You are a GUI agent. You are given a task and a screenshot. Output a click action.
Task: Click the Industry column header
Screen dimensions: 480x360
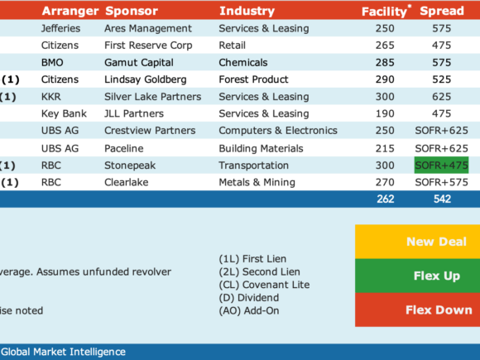pos(247,11)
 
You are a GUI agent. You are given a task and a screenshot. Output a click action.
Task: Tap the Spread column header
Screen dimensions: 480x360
pos(442,11)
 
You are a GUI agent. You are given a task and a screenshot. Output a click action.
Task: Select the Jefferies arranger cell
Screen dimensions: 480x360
pos(60,28)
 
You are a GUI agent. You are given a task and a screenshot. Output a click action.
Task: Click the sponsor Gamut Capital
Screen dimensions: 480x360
pos(139,62)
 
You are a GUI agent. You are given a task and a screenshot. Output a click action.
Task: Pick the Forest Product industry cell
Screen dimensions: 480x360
pos(253,79)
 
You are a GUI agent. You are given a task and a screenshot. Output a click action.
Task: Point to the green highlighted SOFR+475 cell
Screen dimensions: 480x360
pos(441,166)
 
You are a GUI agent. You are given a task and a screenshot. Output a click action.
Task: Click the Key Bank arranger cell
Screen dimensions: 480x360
pos(64,113)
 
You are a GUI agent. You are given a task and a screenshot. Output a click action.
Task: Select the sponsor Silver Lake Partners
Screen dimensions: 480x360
pos(153,97)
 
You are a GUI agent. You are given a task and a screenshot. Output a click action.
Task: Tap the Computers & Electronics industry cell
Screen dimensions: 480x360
pos(278,131)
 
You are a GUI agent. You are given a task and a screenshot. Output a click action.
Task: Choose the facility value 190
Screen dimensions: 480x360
pos(385,113)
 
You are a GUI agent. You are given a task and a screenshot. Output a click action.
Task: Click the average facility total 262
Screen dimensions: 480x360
pos(386,199)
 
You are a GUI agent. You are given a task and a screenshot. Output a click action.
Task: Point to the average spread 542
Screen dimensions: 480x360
pos(442,199)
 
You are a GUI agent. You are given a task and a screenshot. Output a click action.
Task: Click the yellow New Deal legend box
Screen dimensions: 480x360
pos(418,242)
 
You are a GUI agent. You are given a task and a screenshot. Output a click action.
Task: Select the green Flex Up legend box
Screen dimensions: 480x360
pos(418,276)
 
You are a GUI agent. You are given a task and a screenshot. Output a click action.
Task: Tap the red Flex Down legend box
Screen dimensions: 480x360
pos(418,310)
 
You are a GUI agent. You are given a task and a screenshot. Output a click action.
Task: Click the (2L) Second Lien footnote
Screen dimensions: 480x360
pos(259,271)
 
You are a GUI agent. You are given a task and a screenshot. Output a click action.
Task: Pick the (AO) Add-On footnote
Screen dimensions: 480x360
pos(249,310)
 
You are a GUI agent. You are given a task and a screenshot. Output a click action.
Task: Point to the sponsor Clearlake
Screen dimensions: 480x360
pos(126,182)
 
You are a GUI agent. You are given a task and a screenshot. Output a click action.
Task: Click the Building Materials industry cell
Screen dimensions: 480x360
pos(261,148)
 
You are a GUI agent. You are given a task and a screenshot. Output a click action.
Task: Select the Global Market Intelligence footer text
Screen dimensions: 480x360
pos(64,352)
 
